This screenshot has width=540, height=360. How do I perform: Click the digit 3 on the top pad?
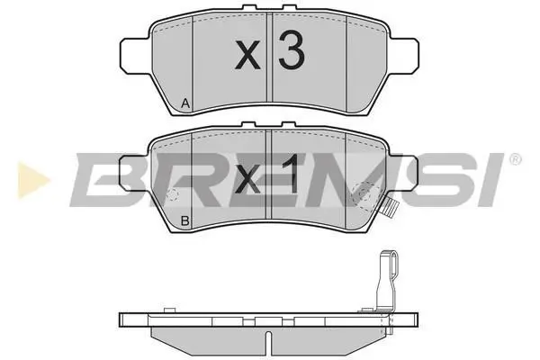coord(292,50)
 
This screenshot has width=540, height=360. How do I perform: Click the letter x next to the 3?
coord(247,55)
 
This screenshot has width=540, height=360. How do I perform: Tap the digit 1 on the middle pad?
coord(291,174)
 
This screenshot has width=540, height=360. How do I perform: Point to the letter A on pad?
coord(185,103)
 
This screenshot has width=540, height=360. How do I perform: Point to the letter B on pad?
coord(184,220)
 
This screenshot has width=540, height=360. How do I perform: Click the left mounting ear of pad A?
coord(135,56)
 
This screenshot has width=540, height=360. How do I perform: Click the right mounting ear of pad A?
coord(404,56)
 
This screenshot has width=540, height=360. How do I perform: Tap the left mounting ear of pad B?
coord(134,173)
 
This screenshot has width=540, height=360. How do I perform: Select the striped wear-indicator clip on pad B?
coord(391,210)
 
